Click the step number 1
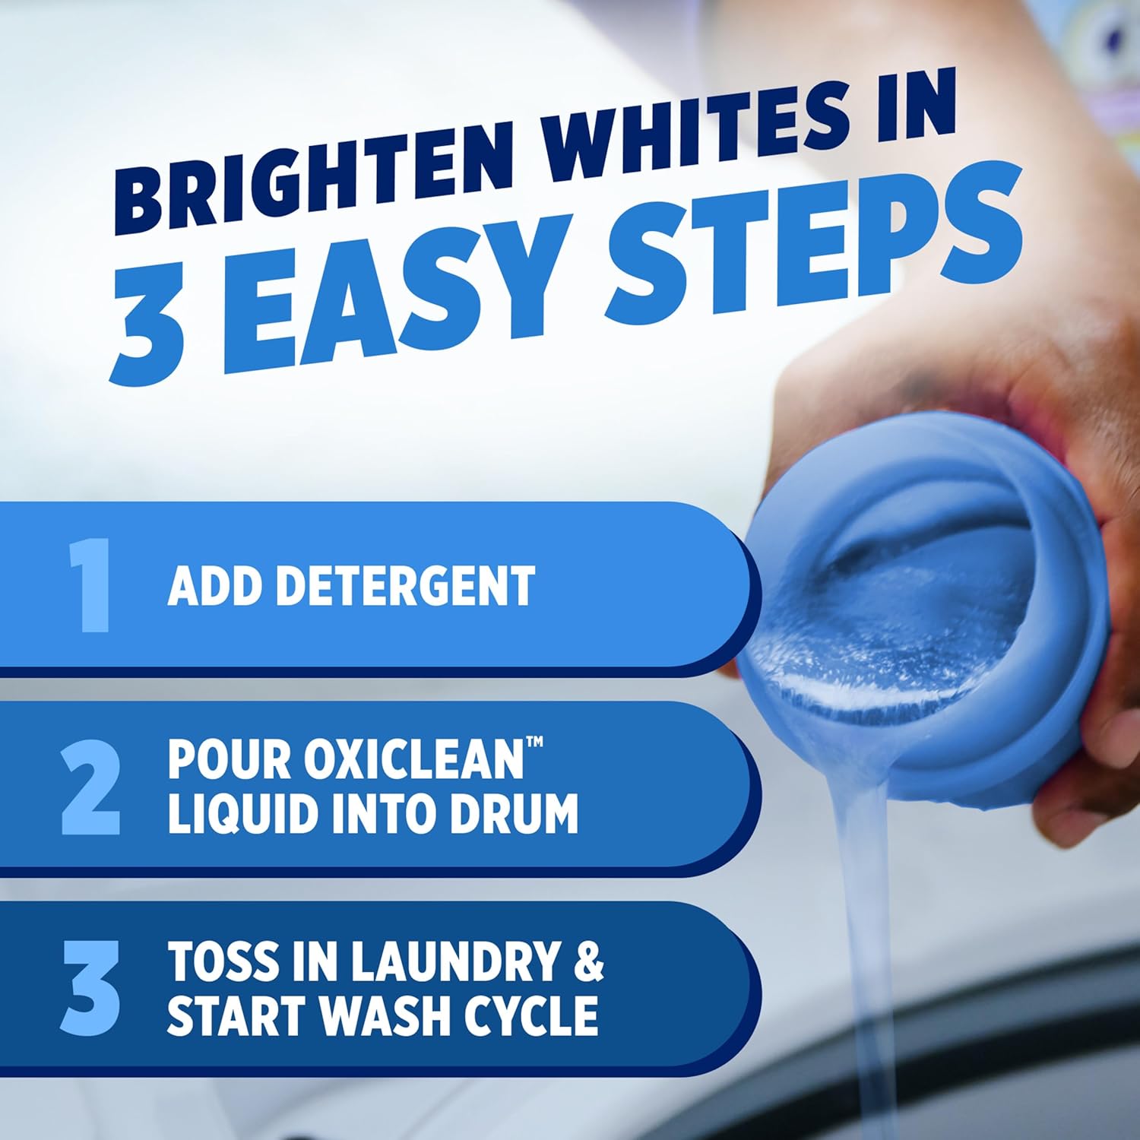90,585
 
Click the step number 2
90,789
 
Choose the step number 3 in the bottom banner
90,988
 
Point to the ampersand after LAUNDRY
588,961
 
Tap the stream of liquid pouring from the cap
863,912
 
